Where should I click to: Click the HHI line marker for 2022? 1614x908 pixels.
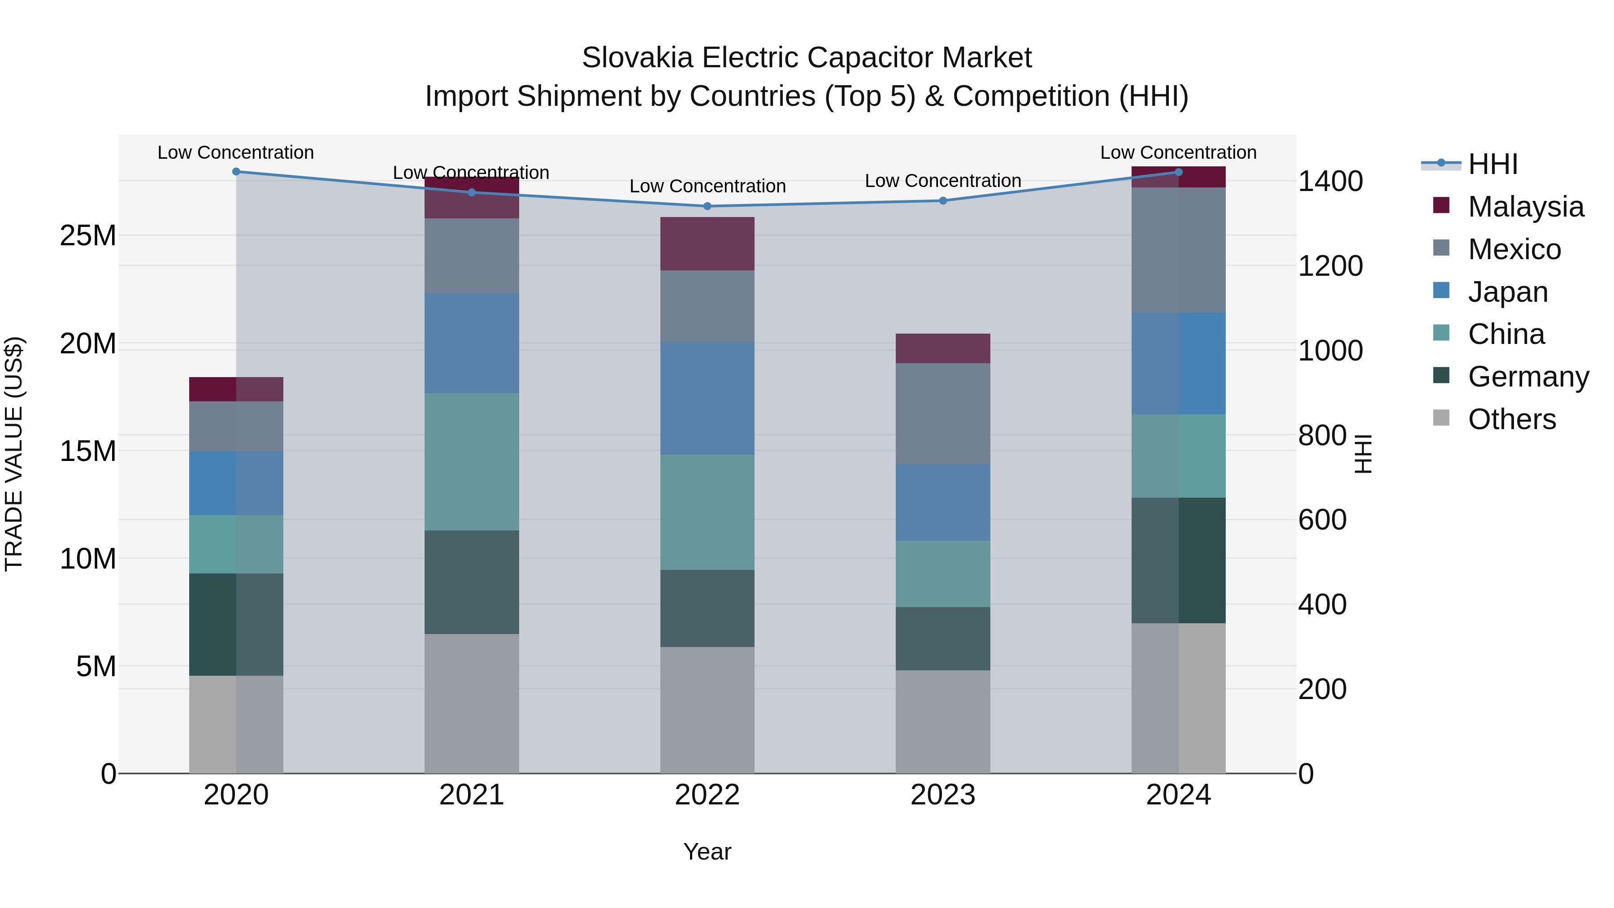click(707, 206)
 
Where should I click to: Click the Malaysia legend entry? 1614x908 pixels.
click(1525, 207)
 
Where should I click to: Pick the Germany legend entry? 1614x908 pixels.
click(1527, 377)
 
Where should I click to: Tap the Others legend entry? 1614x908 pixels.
click(1511, 419)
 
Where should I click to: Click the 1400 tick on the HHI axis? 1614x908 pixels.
click(1330, 182)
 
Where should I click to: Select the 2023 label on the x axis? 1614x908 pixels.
click(942, 795)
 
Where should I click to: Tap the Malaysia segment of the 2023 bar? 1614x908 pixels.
click(942, 348)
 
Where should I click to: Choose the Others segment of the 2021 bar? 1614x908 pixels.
click(471, 703)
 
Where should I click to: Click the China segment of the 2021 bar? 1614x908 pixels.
click(471, 462)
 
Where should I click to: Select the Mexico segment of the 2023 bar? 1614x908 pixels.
click(942, 413)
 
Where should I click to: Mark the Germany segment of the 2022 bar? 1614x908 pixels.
click(707, 608)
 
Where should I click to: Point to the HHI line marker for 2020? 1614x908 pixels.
click(236, 172)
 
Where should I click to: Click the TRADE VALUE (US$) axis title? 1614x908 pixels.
click(14, 454)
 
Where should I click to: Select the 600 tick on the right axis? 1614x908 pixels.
click(1322, 520)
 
